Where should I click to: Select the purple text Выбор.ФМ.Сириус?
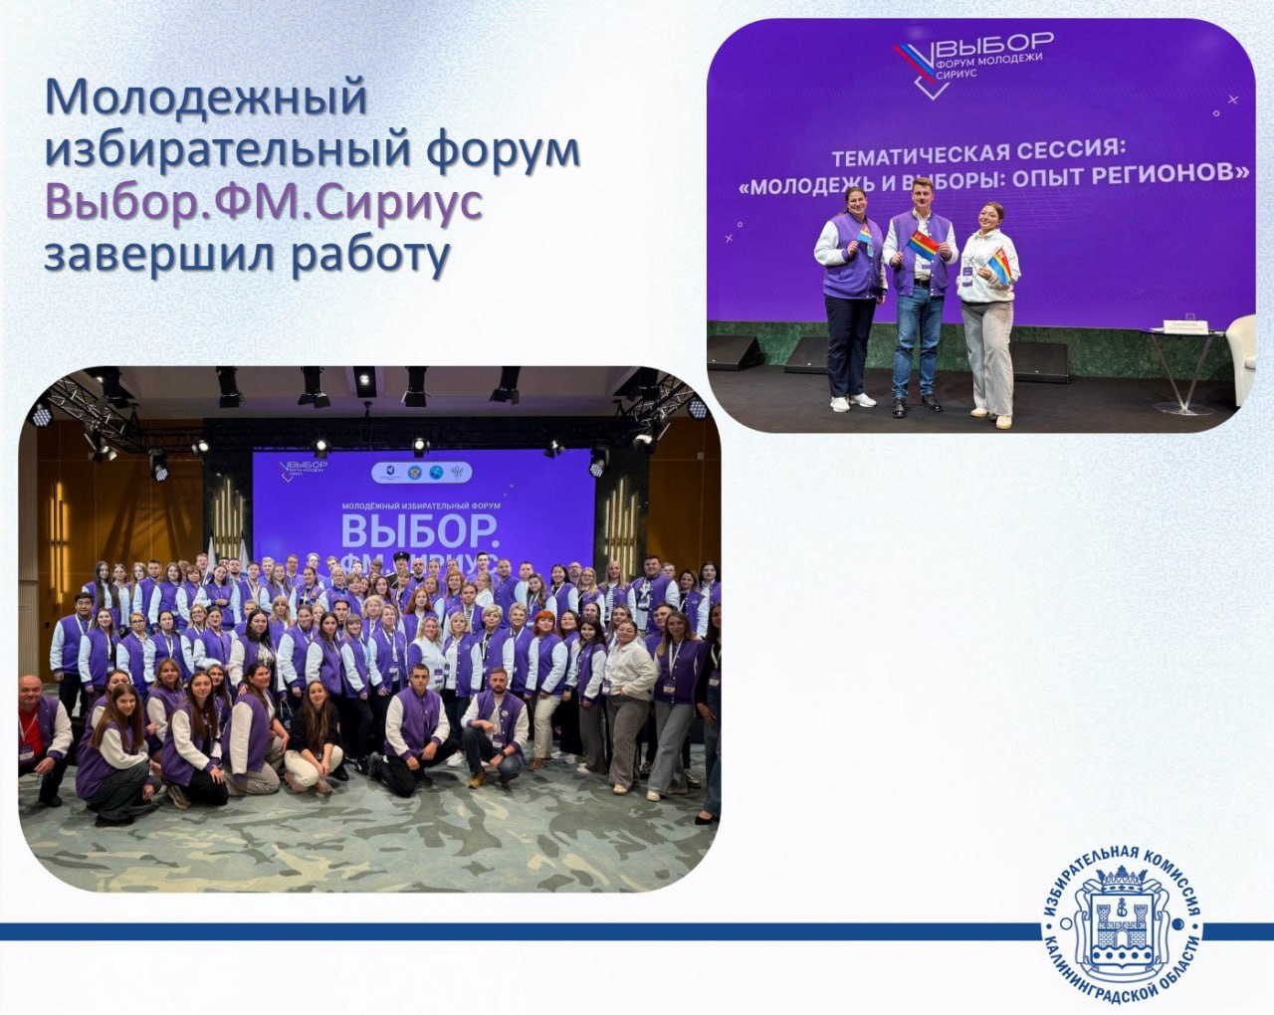pos(265,203)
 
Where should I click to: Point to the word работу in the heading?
pos(361,253)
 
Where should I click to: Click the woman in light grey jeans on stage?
pos(983,318)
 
